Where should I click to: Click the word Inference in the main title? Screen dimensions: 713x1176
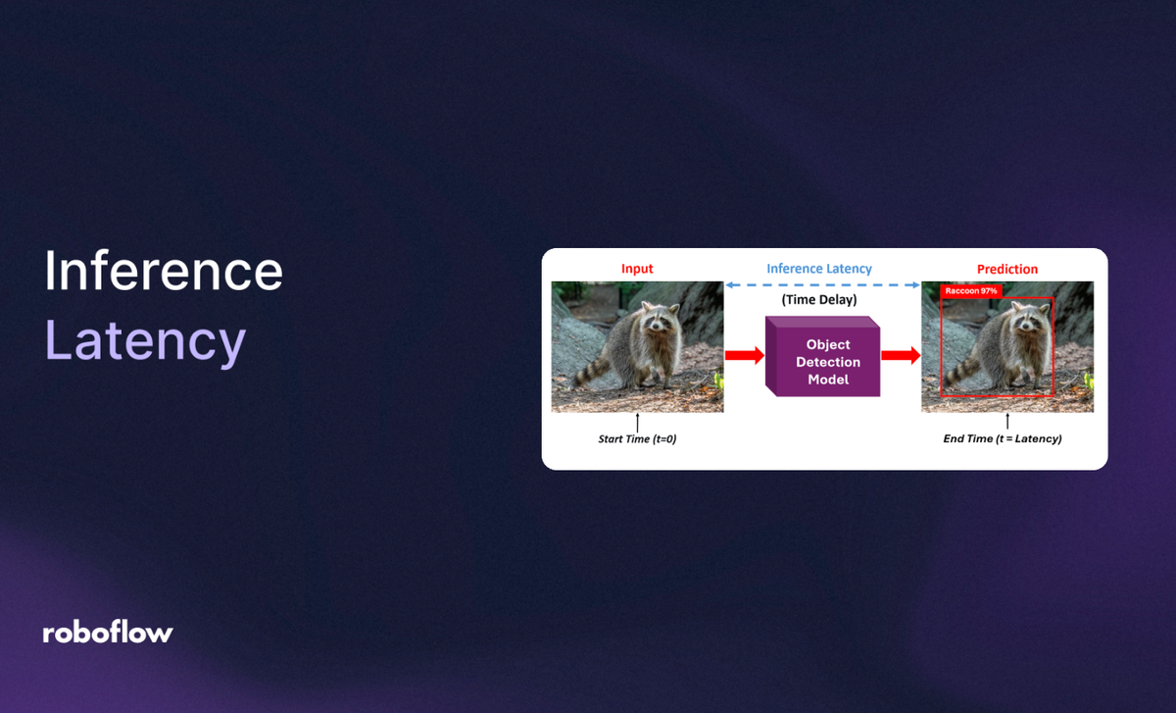coord(164,271)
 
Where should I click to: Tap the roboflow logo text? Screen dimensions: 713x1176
coord(108,633)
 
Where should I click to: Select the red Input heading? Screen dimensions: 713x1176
coord(637,269)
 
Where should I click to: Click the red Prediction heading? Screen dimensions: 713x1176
coord(1006,269)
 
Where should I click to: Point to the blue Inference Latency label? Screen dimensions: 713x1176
coord(819,269)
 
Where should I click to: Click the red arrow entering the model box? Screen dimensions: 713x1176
coord(745,356)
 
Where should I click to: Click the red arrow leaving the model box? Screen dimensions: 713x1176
coord(901,356)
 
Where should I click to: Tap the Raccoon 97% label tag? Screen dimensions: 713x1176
coord(970,291)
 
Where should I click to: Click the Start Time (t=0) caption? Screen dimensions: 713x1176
coord(637,439)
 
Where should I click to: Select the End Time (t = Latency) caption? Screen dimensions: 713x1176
coord(1002,439)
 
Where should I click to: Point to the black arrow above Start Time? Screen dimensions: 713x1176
coord(638,422)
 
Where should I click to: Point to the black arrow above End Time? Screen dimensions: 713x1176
coord(1006,422)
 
